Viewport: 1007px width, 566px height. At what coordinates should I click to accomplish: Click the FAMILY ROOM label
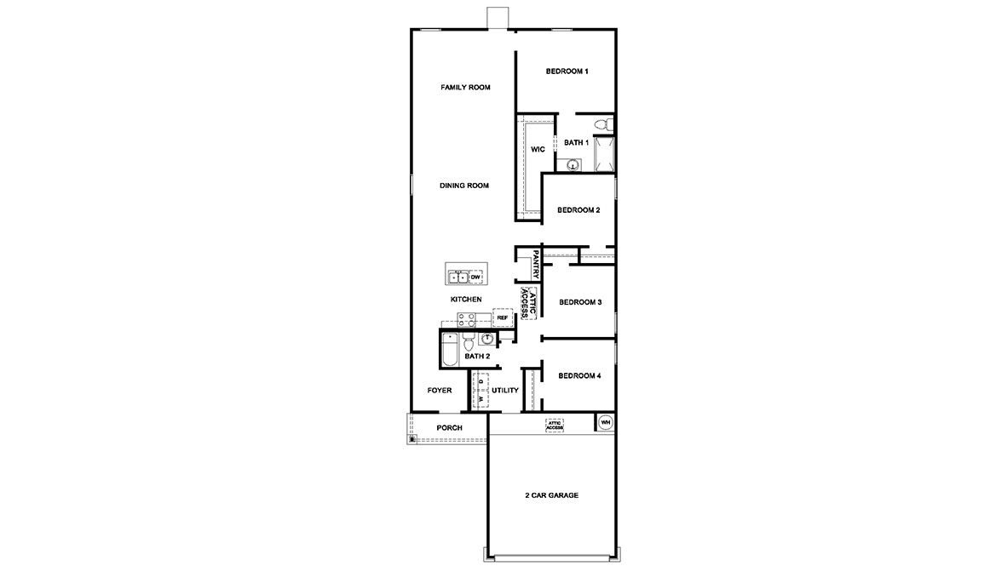tap(465, 88)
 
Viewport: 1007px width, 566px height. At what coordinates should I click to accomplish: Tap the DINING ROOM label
tap(464, 186)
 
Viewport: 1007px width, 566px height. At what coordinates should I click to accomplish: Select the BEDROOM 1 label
tap(567, 71)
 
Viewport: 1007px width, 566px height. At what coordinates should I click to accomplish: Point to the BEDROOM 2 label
tap(579, 210)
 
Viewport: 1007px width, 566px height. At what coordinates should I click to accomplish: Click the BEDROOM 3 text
tap(580, 302)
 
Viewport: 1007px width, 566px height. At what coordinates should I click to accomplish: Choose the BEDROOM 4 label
tap(580, 375)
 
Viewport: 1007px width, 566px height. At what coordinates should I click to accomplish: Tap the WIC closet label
tap(538, 149)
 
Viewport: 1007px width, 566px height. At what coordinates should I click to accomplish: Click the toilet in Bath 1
tap(602, 125)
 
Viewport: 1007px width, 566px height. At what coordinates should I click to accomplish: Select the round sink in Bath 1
tap(573, 166)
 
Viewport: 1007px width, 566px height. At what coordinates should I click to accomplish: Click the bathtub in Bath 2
tap(449, 349)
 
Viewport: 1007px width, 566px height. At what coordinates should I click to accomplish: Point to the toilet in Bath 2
tap(468, 342)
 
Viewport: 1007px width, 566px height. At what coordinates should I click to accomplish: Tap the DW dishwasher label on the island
tap(475, 277)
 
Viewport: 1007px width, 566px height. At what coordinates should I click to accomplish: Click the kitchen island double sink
tap(458, 277)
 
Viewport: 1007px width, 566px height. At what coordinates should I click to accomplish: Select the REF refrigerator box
tap(503, 317)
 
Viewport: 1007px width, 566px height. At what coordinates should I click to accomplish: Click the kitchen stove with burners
tap(467, 319)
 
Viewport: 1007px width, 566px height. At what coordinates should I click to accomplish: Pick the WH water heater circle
tap(605, 422)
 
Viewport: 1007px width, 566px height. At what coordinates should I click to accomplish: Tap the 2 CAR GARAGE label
tap(551, 495)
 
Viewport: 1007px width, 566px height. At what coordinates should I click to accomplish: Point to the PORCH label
tap(449, 428)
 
